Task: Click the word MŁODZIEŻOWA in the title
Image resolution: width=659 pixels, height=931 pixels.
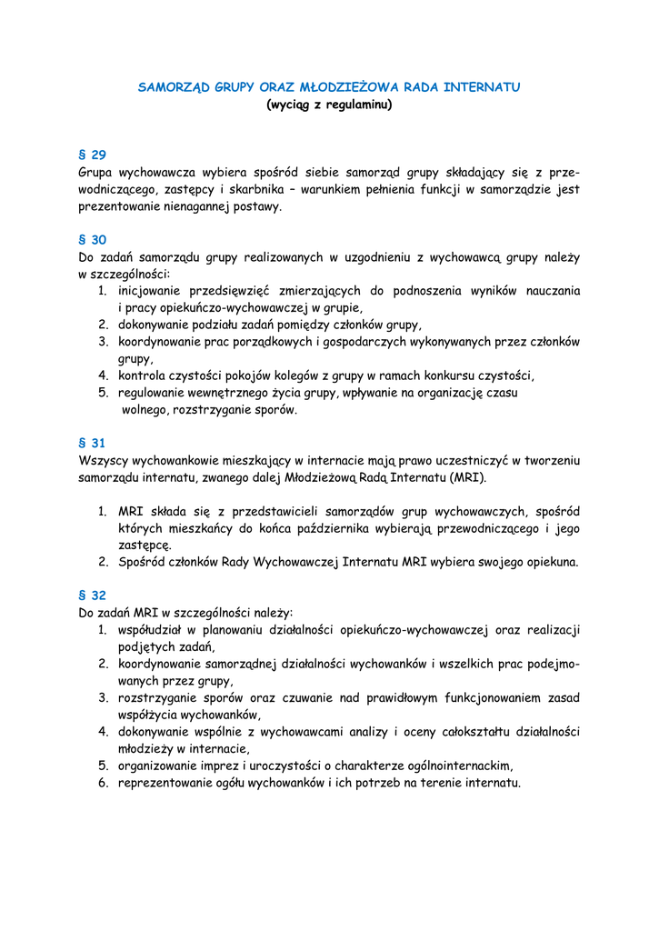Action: point(349,87)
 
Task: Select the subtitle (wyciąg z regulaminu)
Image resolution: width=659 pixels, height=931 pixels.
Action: point(328,105)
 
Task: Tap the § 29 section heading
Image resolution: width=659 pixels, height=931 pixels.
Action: point(93,155)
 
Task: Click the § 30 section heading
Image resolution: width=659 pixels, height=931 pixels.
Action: point(93,240)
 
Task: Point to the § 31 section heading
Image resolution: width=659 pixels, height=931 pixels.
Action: point(93,443)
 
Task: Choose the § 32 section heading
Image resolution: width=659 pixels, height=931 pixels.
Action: point(93,596)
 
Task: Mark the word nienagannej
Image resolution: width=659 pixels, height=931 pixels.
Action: point(206,206)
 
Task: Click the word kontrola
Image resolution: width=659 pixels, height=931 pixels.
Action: point(143,375)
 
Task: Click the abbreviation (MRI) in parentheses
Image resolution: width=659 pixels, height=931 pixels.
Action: point(467,477)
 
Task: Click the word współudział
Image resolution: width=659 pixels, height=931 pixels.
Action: point(154,629)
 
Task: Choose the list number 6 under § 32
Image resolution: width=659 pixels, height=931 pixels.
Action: point(104,782)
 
